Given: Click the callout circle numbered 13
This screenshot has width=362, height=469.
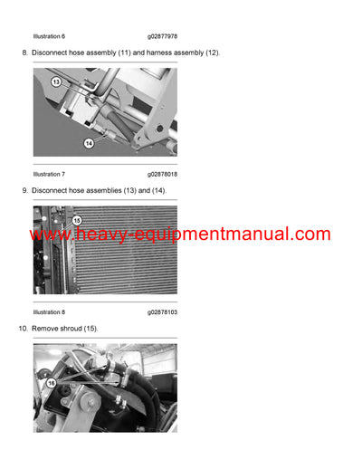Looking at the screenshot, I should click(55, 81).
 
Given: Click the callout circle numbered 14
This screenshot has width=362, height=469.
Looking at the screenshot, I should click(90, 143).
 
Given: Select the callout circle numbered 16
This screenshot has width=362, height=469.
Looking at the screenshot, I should click(50, 384).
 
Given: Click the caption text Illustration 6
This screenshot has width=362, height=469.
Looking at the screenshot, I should click(49, 36).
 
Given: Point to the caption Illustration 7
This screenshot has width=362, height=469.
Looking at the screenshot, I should click(49, 173).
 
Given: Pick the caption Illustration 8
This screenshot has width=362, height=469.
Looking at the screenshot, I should click(49, 311).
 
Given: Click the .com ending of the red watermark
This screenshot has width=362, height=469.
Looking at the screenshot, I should click(308, 235).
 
